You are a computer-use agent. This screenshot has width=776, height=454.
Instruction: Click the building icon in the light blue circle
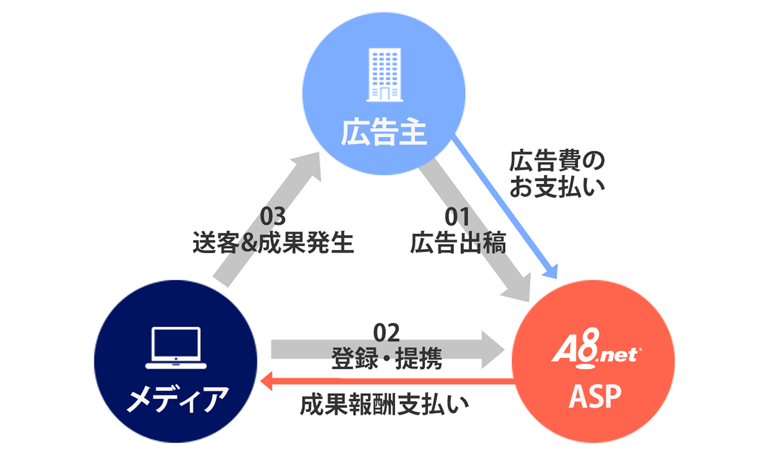click(x=383, y=76)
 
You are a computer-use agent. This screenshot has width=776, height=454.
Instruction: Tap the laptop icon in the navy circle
click(x=177, y=348)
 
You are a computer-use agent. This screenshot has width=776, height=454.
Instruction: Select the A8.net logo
click(x=596, y=354)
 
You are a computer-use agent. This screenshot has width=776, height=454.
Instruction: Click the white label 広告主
click(x=383, y=134)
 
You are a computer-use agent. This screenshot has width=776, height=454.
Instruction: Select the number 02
click(x=387, y=333)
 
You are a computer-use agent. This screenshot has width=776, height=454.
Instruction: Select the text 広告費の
click(x=556, y=161)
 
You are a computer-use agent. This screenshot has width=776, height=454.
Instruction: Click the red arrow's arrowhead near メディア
click(x=266, y=385)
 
